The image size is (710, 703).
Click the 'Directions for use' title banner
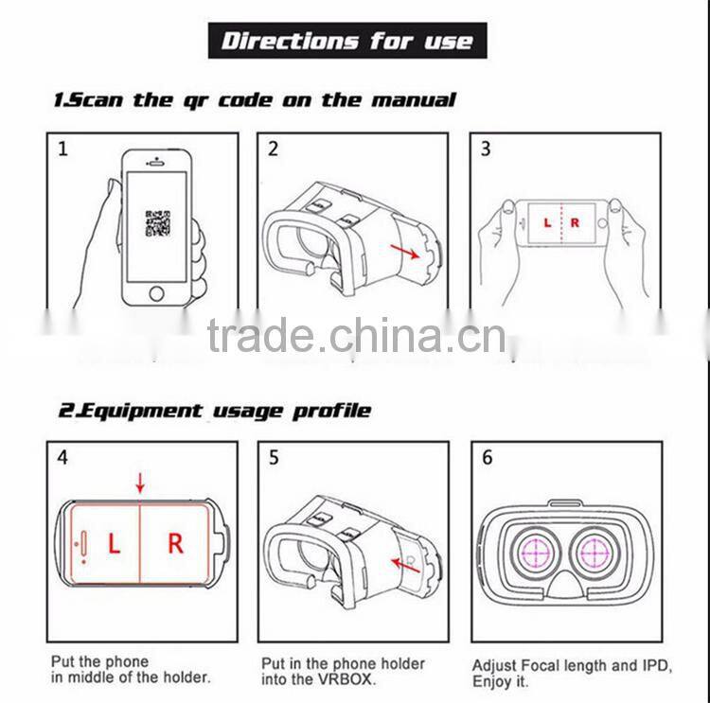346,41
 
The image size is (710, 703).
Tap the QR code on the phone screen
157,223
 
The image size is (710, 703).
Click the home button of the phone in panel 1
157,292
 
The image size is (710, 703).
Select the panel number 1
62,149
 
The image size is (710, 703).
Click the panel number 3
486,149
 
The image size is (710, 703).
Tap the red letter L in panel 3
546,222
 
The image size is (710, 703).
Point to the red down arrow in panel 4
140,484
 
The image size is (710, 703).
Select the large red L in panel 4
114,544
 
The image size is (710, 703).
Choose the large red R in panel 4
175,543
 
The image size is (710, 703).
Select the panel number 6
488,458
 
